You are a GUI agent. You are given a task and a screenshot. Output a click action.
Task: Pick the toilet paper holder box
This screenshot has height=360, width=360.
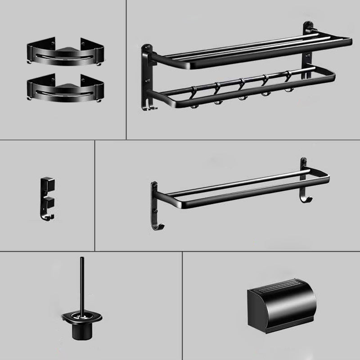[281, 311]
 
